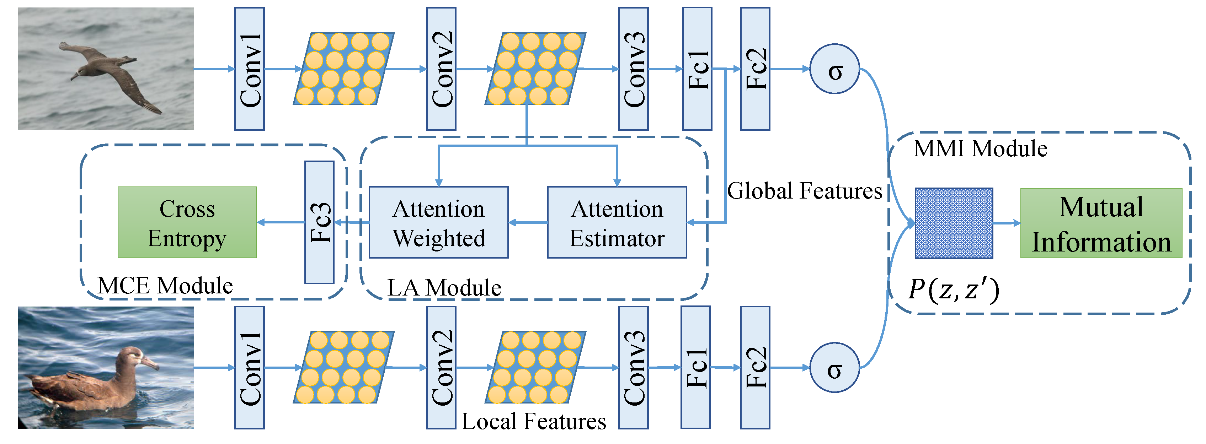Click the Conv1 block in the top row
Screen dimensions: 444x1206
(x=250, y=69)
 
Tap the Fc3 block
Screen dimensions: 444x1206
(x=319, y=222)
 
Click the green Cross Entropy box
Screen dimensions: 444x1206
(x=187, y=223)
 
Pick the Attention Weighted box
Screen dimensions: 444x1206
(x=439, y=223)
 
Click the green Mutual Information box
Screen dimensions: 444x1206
(x=1101, y=223)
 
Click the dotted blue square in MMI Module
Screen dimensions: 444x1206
(x=954, y=223)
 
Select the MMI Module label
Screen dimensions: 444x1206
(x=980, y=149)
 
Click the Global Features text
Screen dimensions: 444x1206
(x=804, y=191)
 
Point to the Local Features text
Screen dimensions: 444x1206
(x=534, y=421)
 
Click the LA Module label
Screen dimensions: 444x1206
(x=444, y=287)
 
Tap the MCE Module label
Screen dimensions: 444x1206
(x=165, y=285)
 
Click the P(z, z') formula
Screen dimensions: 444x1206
(x=954, y=289)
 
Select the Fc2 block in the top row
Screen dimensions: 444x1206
(x=755, y=69)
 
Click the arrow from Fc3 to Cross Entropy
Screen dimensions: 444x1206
(x=281, y=222)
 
